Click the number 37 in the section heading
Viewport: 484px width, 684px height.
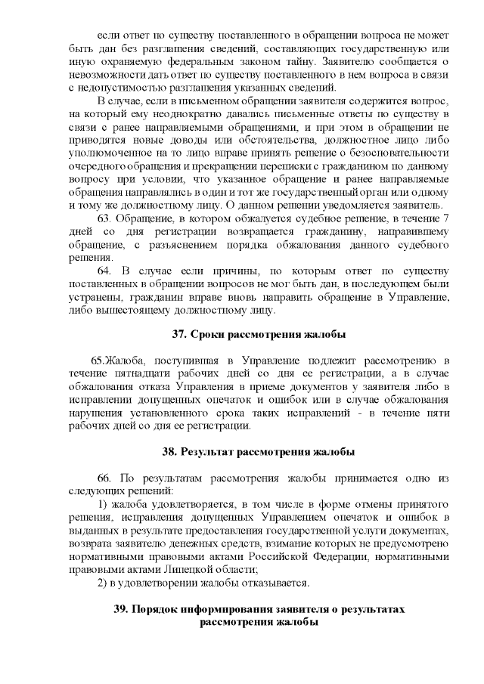tap(179, 334)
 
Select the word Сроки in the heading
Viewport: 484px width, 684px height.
tap(209, 334)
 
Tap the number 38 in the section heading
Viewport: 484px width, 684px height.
tap(169, 452)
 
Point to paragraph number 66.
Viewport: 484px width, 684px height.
tap(105, 479)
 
